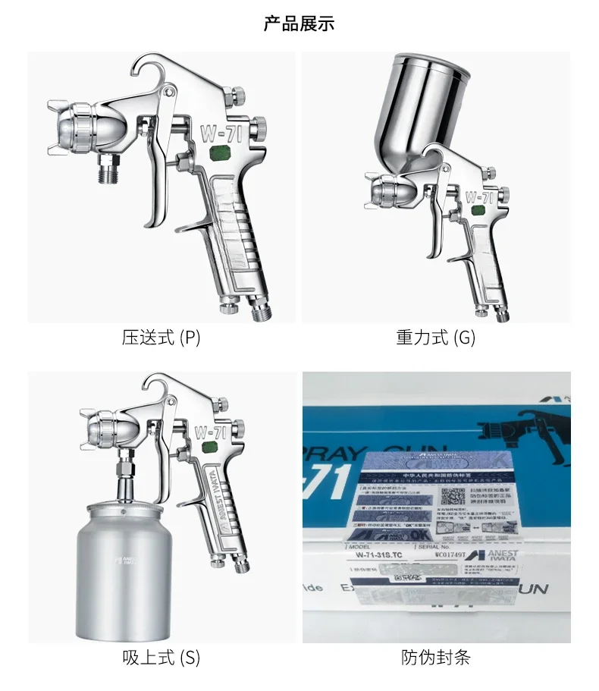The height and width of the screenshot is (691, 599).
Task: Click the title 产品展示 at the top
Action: [x=299, y=24]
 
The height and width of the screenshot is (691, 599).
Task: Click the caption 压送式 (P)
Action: [x=161, y=338]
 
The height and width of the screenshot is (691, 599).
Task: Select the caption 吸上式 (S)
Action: [x=161, y=658]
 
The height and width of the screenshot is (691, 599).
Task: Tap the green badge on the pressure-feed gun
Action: [x=221, y=154]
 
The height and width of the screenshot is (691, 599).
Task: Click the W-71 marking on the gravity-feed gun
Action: [x=479, y=197]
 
